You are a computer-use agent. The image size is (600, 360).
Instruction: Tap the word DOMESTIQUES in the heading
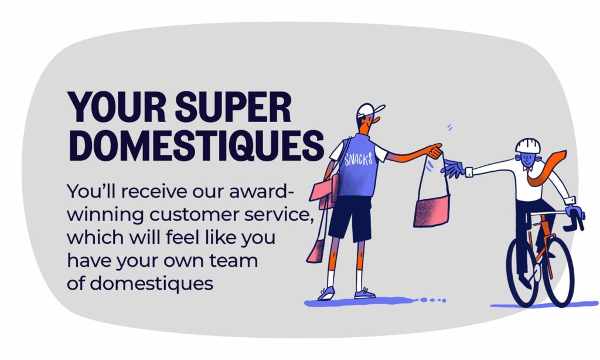196,146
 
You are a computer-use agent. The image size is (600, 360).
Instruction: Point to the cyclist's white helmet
528,145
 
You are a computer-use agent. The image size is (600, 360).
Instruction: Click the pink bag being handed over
432,210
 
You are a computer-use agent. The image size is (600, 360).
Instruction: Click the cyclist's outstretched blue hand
453,168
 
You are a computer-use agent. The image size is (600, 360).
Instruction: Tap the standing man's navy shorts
350,219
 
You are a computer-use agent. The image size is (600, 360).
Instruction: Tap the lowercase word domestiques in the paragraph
151,284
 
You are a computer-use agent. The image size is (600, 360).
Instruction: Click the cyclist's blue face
527,159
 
